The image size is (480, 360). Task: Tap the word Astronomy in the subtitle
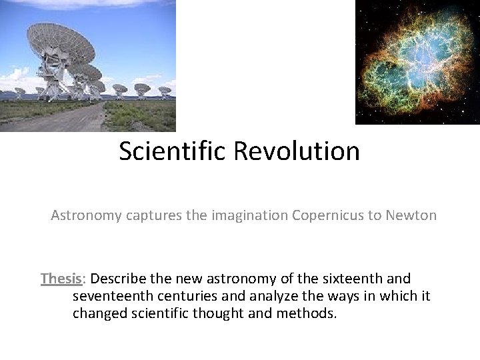(x=83, y=215)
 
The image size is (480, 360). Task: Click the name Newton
(x=411, y=215)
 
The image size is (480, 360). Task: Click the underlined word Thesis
(x=61, y=279)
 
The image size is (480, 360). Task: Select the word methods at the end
(x=310, y=313)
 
